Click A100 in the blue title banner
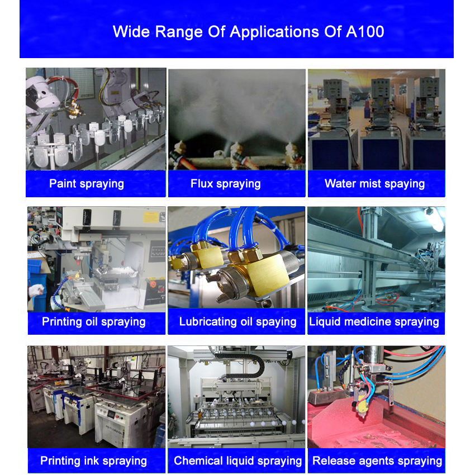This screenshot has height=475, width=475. point(365,31)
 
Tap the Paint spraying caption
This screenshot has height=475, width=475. point(87,184)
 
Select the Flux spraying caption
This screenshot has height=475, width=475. point(226,184)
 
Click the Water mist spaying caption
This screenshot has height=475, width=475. point(375,184)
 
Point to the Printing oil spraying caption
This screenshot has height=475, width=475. point(94,322)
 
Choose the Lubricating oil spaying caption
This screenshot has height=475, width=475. point(238,322)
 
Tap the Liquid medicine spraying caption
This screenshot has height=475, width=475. point(374,322)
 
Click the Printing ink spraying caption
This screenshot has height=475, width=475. point(94,461)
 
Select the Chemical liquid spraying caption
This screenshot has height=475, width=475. point(238,461)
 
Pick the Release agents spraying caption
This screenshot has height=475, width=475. point(377,461)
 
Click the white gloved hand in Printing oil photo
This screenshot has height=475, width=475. point(36,291)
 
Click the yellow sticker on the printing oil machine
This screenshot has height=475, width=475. point(151,217)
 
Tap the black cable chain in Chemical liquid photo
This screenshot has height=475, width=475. point(246,364)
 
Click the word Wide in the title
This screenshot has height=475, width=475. point(131,31)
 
